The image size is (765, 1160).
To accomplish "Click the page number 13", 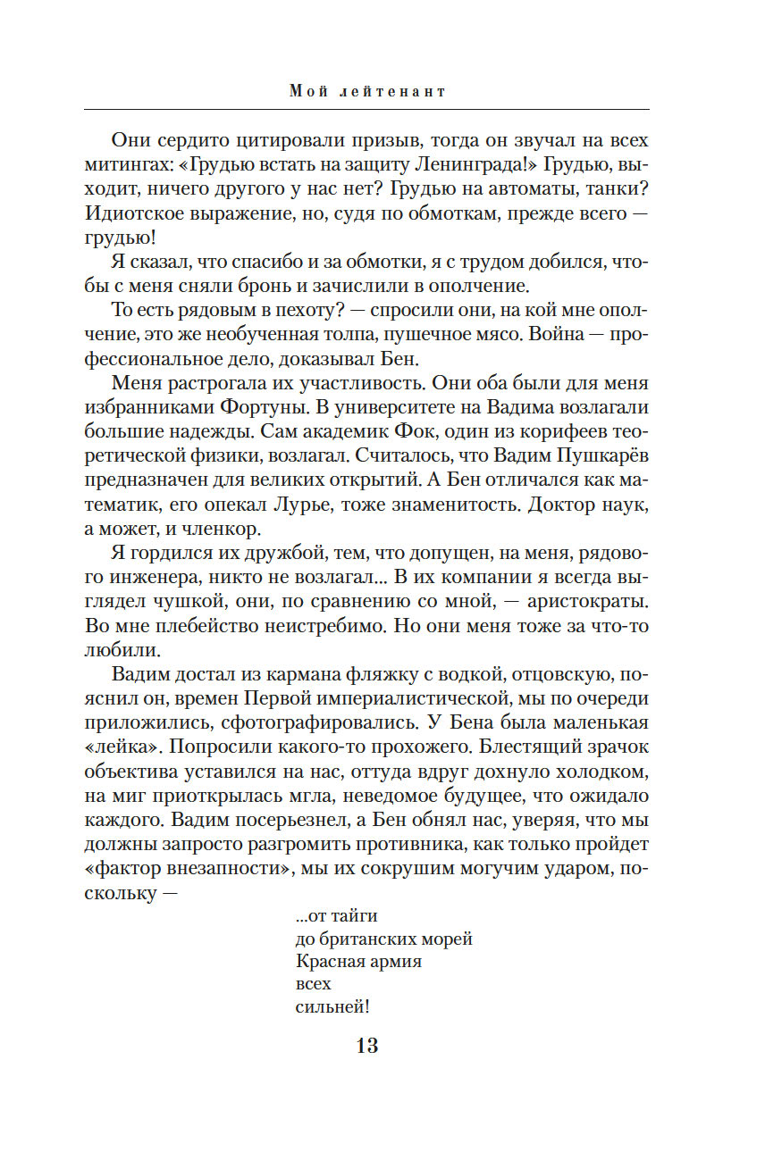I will coord(367,1045).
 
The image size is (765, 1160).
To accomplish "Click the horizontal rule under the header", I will coord(366,109).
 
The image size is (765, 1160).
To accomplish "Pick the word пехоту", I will coord(281,310).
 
